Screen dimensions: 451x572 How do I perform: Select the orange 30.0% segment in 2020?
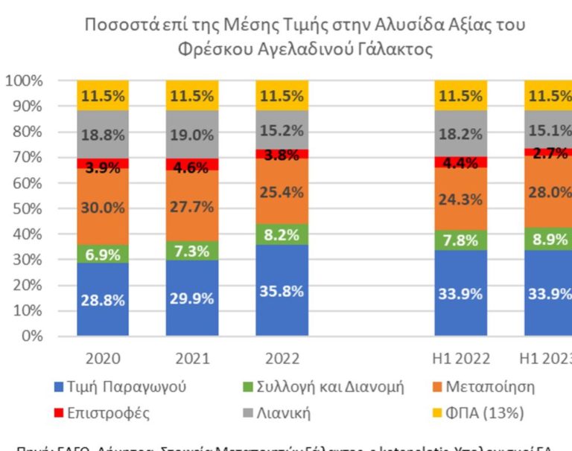pyautogui.click(x=103, y=207)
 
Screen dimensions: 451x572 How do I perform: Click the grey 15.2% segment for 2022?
pyautogui.click(x=282, y=129)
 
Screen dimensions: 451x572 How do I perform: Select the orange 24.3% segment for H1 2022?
pyautogui.click(x=461, y=199)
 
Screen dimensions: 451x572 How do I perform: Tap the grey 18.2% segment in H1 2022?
pyautogui.click(x=461, y=133)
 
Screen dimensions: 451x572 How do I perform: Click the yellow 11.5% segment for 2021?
pyautogui.click(x=192, y=95)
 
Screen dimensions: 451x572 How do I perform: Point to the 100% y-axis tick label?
pyautogui.click(x=24, y=80)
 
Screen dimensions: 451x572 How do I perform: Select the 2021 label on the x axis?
pyautogui.click(x=192, y=358)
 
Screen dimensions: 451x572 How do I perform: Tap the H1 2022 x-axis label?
pyautogui.click(x=461, y=358)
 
